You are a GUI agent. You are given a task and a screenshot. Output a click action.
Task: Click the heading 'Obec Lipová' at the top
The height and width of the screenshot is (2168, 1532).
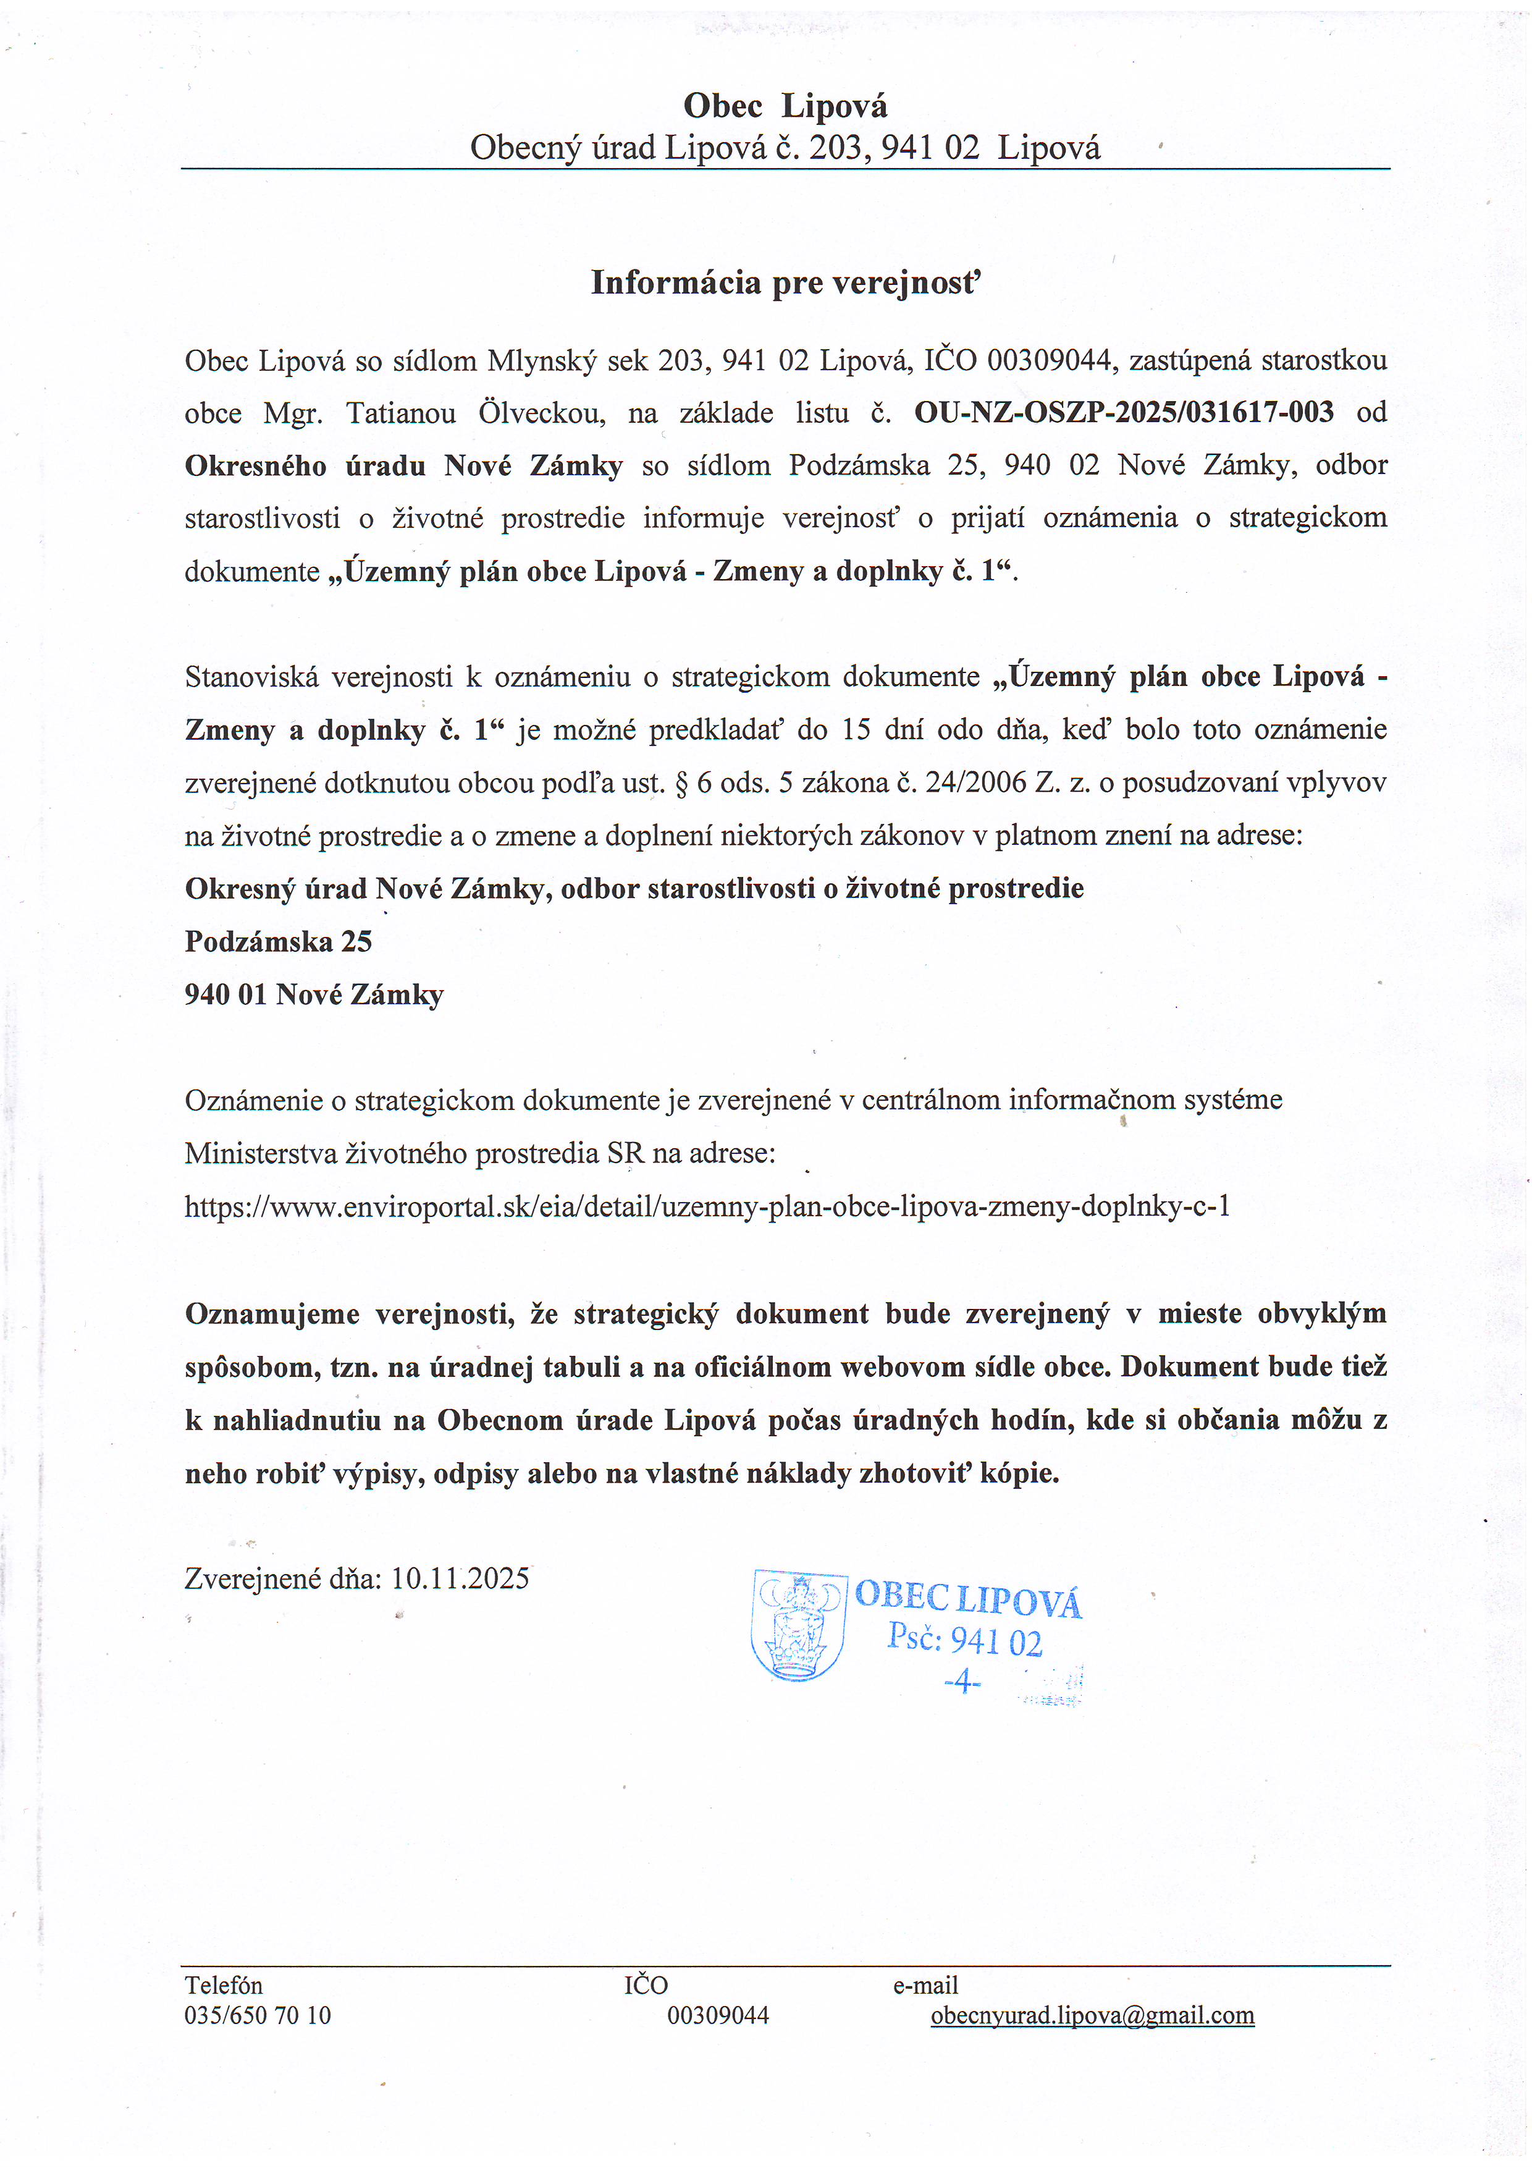pyautogui.click(x=785, y=106)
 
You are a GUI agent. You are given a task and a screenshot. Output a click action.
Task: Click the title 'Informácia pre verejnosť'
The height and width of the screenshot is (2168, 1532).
pyautogui.click(x=785, y=282)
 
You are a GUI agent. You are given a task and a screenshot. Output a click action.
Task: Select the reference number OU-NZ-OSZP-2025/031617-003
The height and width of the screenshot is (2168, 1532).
pyautogui.click(x=1123, y=413)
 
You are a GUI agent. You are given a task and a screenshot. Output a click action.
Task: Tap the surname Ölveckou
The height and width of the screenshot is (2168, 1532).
pyautogui.click(x=541, y=413)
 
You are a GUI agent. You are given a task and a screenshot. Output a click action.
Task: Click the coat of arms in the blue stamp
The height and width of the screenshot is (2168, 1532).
pyautogui.click(x=798, y=1624)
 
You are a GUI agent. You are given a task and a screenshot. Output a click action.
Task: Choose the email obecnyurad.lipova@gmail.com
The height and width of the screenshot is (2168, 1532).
pyautogui.click(x=1092, y=2015)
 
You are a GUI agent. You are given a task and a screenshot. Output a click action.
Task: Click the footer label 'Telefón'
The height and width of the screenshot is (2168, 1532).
pyautogui.click(x=224, y=1985)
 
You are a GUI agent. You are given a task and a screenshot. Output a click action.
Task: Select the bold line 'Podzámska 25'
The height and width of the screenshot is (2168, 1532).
pyautogui.click(x=279, y=941)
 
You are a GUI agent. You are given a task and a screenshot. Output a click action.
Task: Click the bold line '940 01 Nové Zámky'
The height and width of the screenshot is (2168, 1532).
pyautogui.click(x=313, y=994)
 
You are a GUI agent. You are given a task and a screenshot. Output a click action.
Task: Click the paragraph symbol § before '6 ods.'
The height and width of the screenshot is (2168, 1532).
pyautogui.click(x=681, y=783)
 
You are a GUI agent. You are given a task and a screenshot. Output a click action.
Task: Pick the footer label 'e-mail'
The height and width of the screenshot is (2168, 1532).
pyautogui.click(x=925, y=1985)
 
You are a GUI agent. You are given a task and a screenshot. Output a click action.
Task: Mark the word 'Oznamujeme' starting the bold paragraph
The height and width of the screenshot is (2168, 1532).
pyautogui.click(x=272, y=1313)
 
